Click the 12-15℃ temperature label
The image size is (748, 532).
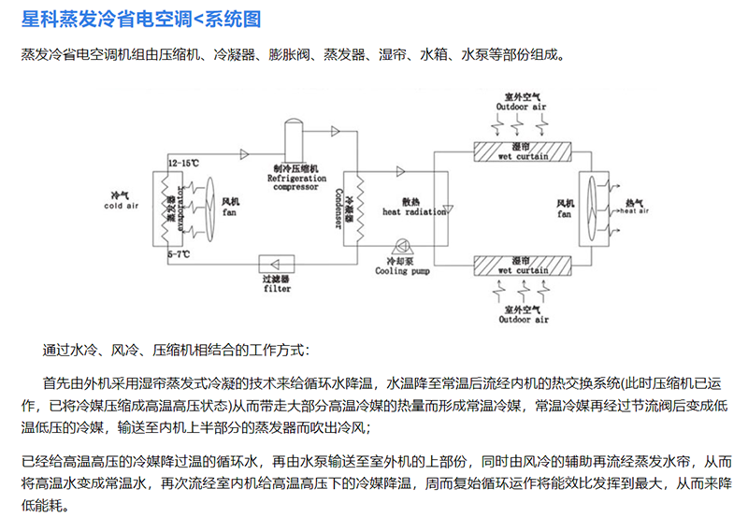183,163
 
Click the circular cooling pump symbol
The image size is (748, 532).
400,247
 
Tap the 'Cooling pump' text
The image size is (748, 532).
403,271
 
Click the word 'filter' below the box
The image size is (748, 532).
277,289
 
